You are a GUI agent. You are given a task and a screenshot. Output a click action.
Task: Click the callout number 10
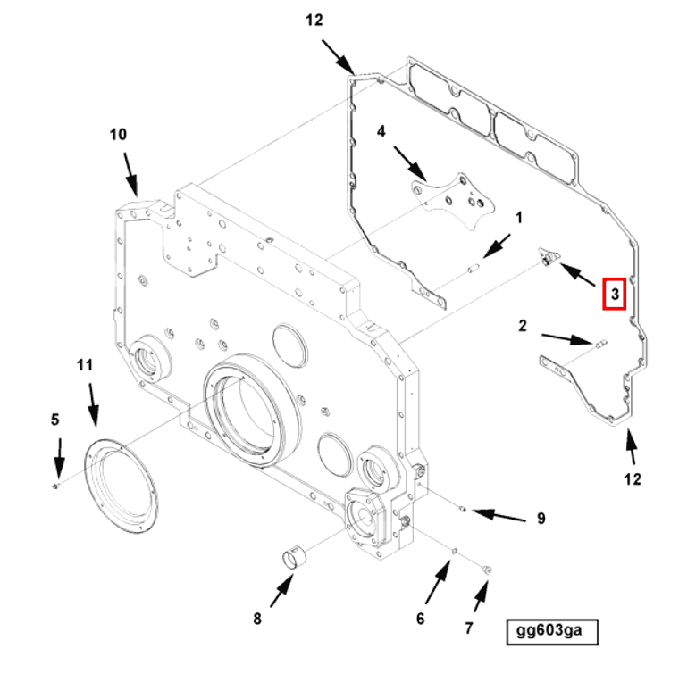(x=118, y=135)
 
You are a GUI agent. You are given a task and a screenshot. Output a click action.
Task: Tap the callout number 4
(x=381, y=132)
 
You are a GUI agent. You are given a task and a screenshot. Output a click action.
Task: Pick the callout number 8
(x=257, y=618)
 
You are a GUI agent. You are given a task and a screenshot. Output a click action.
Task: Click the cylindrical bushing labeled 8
(x=293, y=560)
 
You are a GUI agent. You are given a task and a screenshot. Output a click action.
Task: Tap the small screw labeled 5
(x=55, y=486)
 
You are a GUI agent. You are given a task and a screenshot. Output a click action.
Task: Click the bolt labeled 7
(x=487, y=568)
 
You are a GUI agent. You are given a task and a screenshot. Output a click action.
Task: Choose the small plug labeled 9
(x=462, y=510)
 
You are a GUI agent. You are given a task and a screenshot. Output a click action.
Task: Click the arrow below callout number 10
(x=130, y=171)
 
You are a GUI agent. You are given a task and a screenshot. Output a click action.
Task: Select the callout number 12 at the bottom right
(x=633, y=479)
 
